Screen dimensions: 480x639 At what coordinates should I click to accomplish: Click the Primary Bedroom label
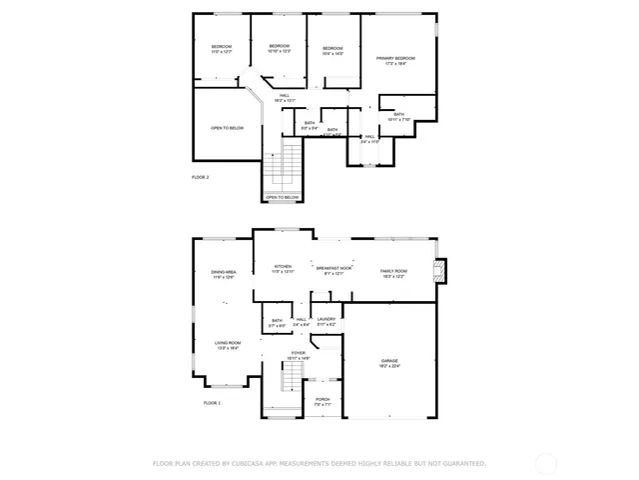tap(396, 59)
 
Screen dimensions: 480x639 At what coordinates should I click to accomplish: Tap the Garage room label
tap(389, 360)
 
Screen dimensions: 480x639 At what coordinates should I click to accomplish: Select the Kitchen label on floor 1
tap(283, 267)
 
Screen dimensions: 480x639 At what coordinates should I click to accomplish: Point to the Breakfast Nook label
tap(333, 268)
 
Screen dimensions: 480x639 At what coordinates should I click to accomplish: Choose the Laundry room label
tap(326, 319)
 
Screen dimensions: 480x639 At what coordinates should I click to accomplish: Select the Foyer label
tap(299, 353)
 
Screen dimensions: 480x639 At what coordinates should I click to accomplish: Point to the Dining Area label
tap(224, 272)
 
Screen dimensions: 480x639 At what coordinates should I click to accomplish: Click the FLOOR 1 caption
tap(212, 403)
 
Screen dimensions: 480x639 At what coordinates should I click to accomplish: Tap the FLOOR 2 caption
tap(200, 177)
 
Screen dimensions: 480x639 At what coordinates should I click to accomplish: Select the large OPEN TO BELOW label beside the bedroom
tap(227, 128)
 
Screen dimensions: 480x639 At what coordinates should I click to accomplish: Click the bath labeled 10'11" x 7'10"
tap(398, 115)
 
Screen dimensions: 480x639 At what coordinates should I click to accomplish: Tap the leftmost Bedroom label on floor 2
tap(221, 48)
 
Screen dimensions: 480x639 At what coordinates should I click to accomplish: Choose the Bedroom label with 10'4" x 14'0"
tap(332, 49)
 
